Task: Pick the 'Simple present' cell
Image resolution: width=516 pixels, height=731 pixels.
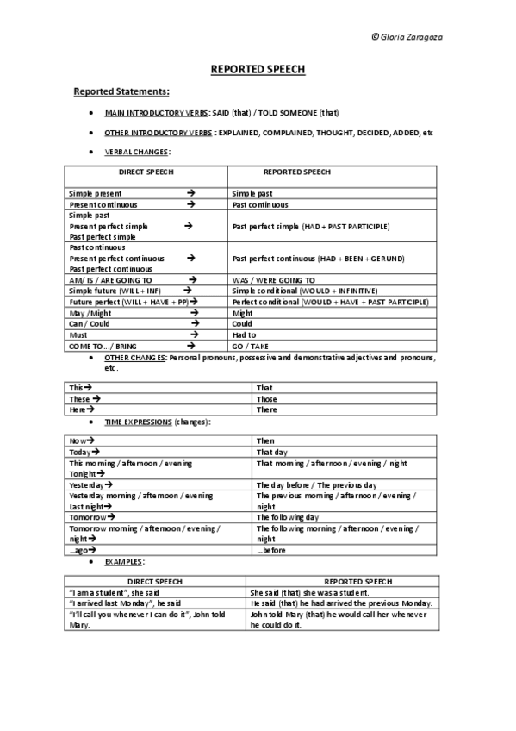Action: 96,194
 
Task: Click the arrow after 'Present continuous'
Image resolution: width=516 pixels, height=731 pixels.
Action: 190,205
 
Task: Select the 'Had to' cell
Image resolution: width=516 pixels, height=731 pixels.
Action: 245,334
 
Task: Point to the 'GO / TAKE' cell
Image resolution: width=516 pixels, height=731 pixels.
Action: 250,346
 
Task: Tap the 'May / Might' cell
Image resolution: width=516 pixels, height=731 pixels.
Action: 90,314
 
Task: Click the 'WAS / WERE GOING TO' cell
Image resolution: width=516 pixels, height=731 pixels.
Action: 273,280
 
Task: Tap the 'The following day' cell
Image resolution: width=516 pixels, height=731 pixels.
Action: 288,517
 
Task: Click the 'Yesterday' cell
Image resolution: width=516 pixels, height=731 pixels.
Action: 87,485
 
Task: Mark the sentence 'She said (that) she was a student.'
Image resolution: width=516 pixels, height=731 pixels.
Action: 309,592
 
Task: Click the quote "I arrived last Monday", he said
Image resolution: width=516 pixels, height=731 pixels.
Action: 124,603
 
